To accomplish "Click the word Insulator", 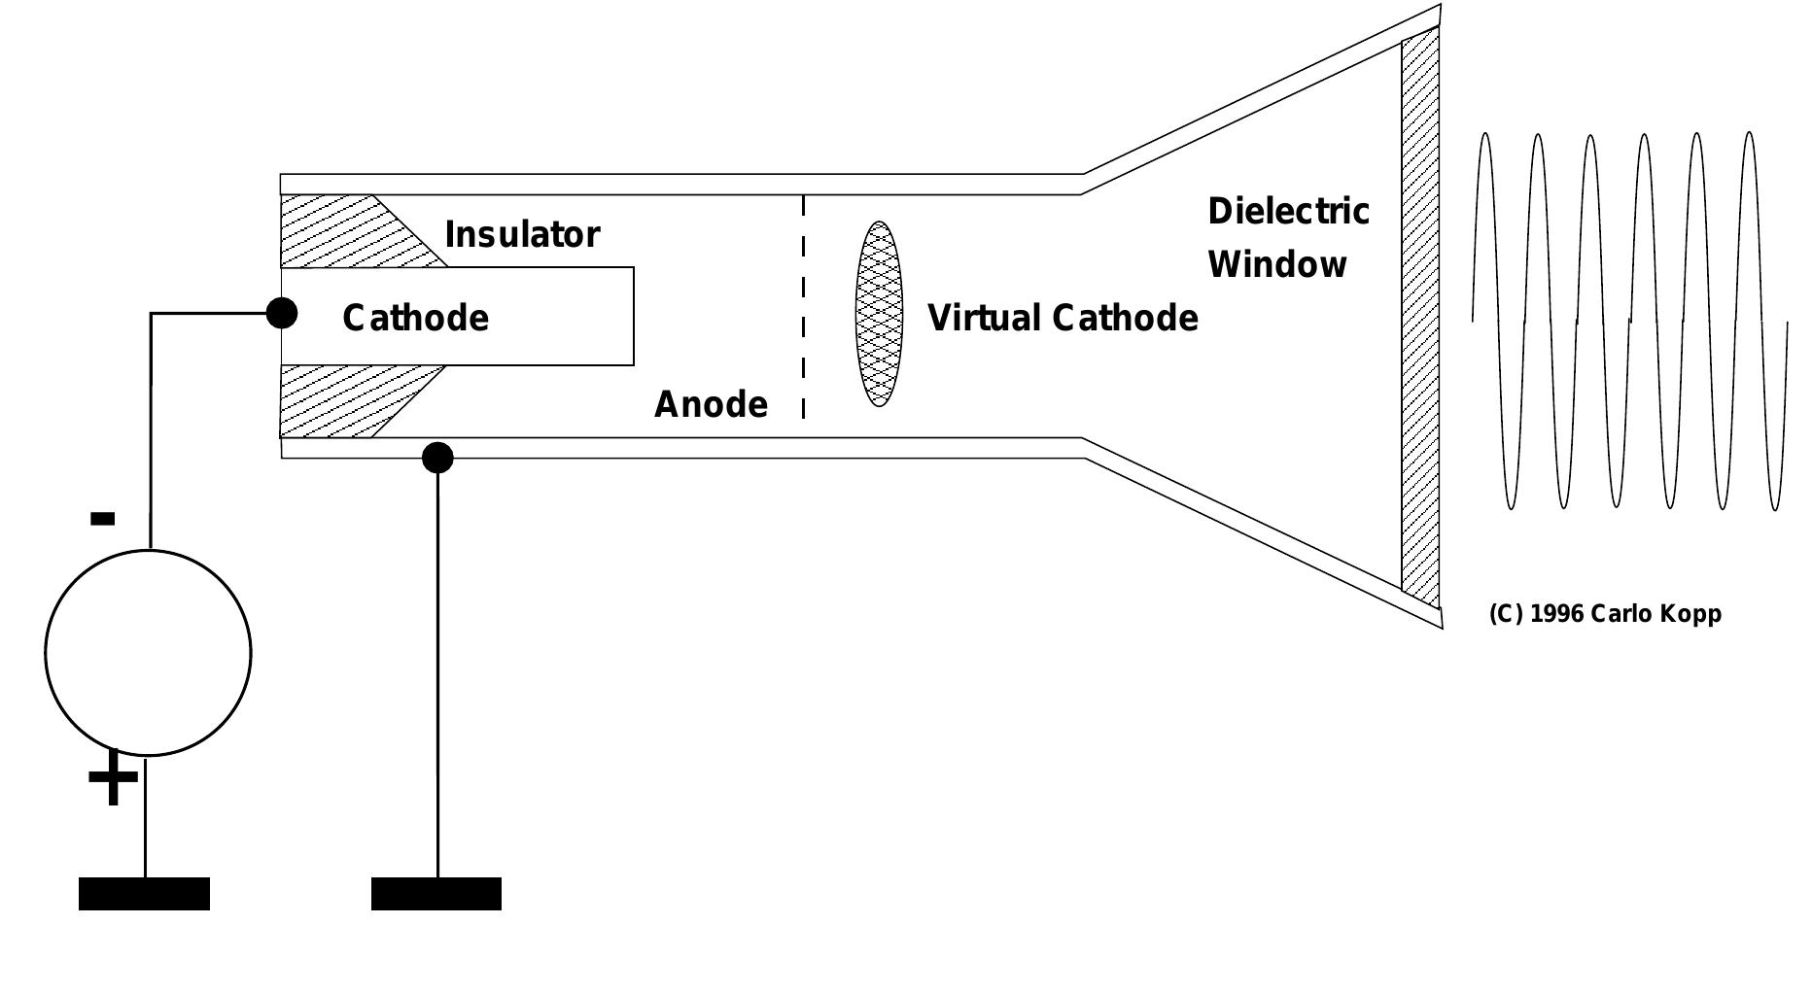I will (522, 235).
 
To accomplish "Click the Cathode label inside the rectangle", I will (415, 319).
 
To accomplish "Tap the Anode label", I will (711, 404).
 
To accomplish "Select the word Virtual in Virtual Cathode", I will (983, 319).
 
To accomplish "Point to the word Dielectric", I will (1288, 212).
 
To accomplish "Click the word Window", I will (1276, 265).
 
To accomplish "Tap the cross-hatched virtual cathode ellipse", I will (879, 314).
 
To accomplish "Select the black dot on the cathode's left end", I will (282, 313).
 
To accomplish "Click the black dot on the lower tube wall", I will (437, 458).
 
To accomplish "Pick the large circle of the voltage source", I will (148, 653).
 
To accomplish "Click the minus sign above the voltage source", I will (102, 519).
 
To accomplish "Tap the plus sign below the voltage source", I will (113, 777).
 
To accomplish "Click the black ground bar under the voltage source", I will (144, 894).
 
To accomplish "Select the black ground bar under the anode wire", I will (436, 894).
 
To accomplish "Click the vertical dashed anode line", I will (803, 306).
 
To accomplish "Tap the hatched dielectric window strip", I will (1419, 316).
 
